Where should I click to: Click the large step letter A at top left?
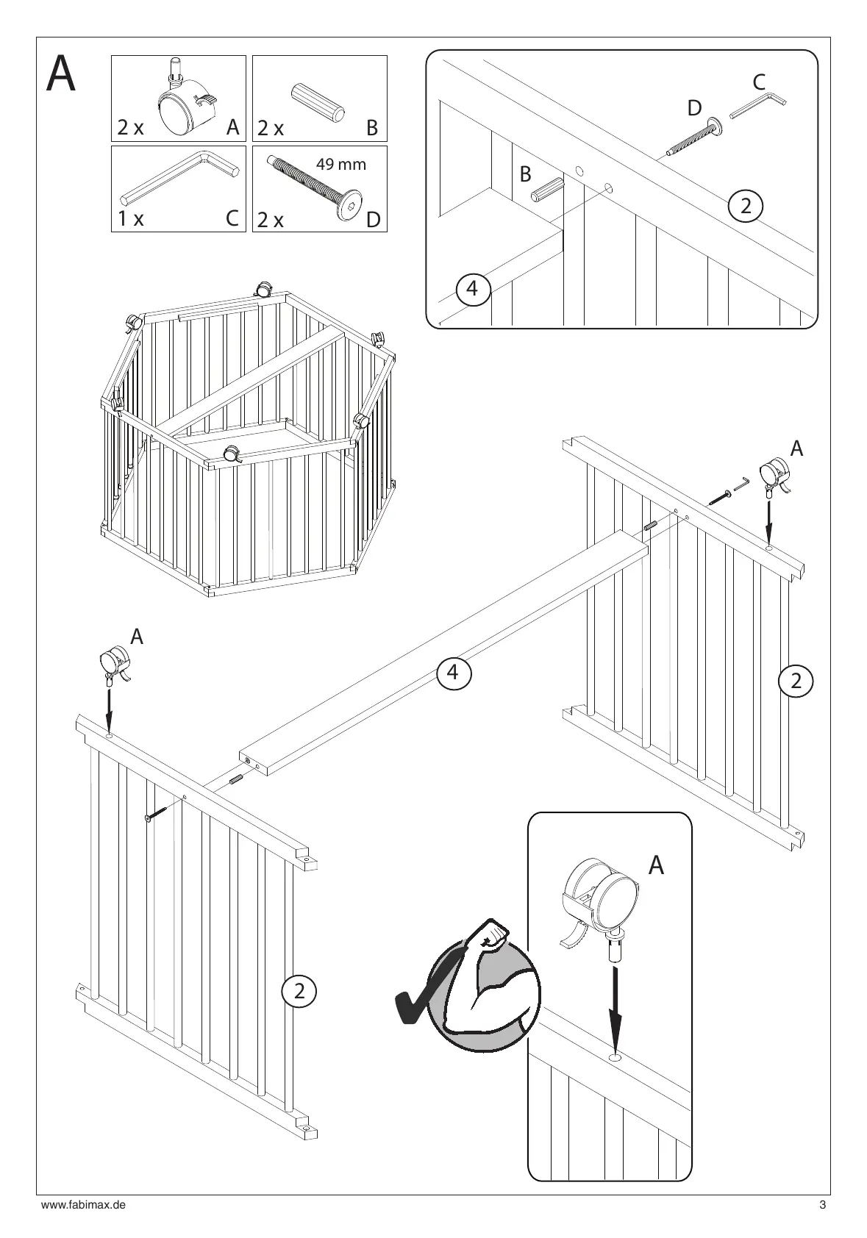pos(61,76)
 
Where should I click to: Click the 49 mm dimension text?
pos(340,164)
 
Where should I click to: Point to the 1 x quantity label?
pos(131,219)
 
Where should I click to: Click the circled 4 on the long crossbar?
pos(453,671)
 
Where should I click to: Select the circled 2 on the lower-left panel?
pos(299,990)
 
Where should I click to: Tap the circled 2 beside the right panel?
pos(795,681)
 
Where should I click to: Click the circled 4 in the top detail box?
pos(472,289)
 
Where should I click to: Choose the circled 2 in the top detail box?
pos(746,206)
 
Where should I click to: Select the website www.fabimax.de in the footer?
pos(83,1206)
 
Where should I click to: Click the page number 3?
pos(823,1206)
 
